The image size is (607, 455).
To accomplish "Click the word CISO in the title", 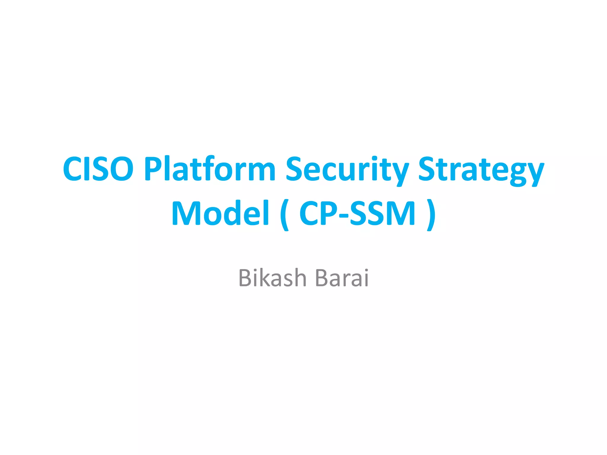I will tap(98, 169).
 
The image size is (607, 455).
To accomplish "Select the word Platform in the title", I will tap(210, 169).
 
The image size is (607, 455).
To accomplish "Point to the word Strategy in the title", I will tap(481, 170).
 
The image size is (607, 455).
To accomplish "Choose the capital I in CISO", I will tap(86, 169).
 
